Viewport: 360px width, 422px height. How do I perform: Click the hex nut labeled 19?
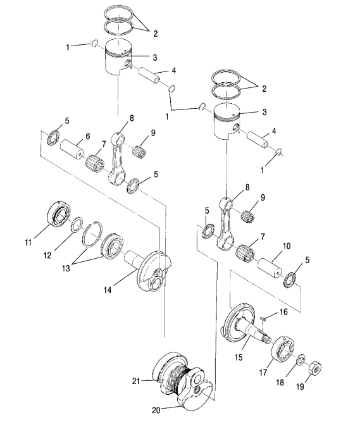point(315,368)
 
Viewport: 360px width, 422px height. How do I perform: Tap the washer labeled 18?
point(301,360)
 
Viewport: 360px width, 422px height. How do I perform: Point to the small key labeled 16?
point(263,319)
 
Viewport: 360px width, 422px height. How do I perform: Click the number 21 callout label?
point(136,381)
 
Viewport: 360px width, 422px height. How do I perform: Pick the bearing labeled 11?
point(58,214)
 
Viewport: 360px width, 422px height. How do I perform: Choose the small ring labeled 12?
point(77,224)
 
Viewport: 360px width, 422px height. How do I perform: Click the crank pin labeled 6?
point(71,149)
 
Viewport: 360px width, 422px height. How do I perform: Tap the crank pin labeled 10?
point(270,266)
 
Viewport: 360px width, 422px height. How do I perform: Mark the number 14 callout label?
point(108,290)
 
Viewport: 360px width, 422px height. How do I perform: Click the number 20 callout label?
point(156,411)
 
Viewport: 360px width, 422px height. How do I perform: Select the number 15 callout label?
point(239,357)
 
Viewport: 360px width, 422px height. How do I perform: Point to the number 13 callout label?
point(66,268)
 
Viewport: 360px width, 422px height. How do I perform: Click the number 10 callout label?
point(286,246)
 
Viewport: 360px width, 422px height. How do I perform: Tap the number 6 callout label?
point(88,136)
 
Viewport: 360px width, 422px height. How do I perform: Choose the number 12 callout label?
point(47,255)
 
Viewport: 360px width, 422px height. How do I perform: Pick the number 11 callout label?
point(28,242)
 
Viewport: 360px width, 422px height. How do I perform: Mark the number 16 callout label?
point(284,312)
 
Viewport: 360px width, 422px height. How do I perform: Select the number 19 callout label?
point(300,387)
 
